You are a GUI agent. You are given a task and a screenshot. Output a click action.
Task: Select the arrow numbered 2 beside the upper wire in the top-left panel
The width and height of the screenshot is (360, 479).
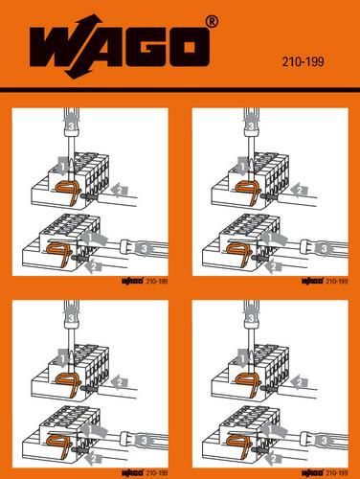119,193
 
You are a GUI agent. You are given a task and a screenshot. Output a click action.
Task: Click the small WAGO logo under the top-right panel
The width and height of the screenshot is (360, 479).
312,282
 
